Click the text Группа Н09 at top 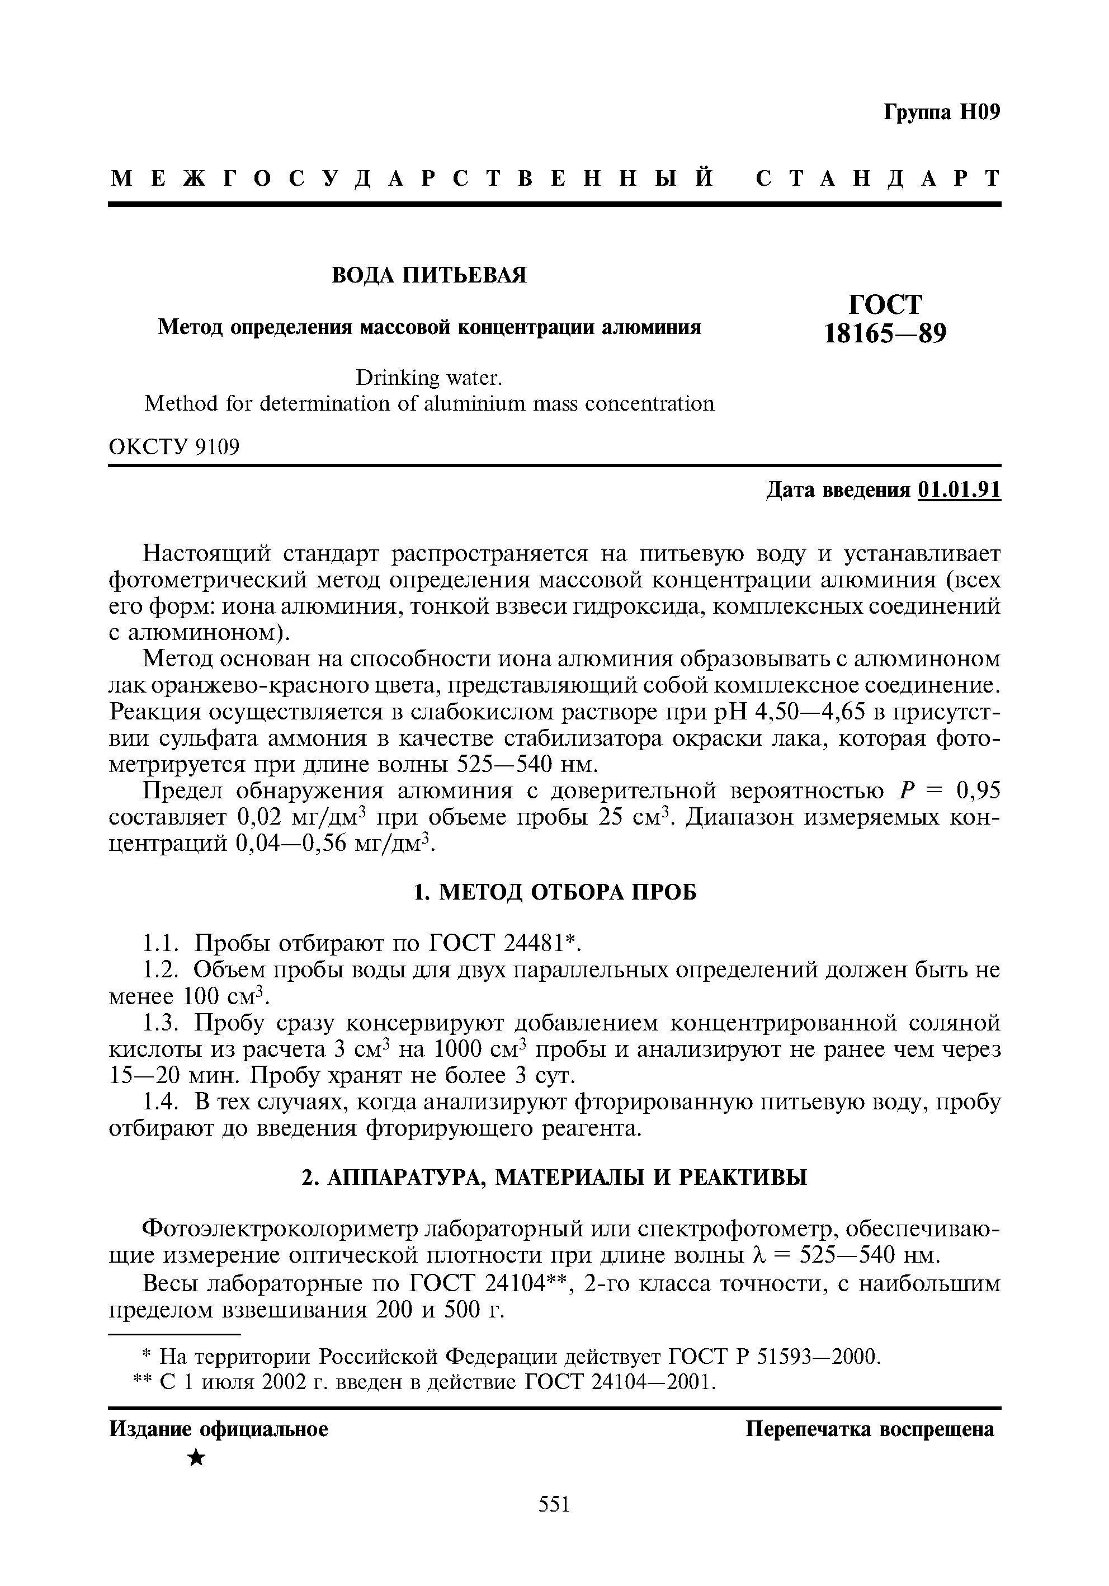(942, 112)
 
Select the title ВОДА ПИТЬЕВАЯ (429, 275)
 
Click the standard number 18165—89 (885, 335)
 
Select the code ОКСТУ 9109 (174, 448)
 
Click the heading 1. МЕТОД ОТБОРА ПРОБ (555, 892)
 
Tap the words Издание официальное (219, 1429)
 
